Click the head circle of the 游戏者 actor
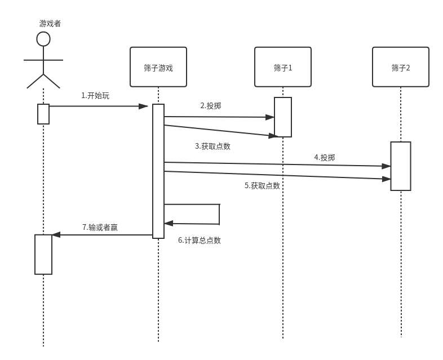43,39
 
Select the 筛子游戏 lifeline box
158,67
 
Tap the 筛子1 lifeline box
283,67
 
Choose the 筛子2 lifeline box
401,67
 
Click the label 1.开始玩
95,96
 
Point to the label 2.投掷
210,105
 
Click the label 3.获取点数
212,146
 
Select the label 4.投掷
324,157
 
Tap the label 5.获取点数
262,185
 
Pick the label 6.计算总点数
200,240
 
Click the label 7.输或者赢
100,227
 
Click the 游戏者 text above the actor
50,23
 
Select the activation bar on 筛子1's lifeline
283,117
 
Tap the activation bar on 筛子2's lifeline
401,166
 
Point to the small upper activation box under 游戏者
43,114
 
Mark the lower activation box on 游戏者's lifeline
43,254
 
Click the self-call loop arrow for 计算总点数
218,214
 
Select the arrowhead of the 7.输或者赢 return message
56,235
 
